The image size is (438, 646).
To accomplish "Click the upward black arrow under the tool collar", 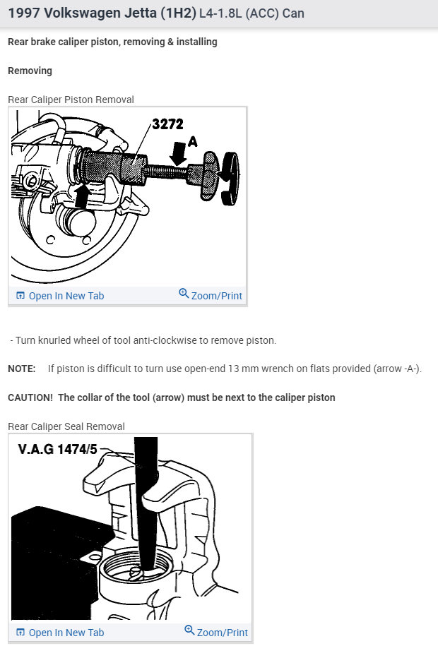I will [83, 194].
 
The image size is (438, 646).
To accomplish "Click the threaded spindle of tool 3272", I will [167, 171].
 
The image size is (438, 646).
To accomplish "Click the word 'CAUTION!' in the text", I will [30, 397].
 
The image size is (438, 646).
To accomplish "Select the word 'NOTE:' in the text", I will [22, 369].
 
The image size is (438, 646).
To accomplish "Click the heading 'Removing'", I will [30, 71].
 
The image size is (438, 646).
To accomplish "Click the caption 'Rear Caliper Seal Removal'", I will [66, 426].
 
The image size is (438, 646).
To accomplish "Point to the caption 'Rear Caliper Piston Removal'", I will [71, 100].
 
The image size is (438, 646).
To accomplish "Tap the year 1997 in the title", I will [23, 14].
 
